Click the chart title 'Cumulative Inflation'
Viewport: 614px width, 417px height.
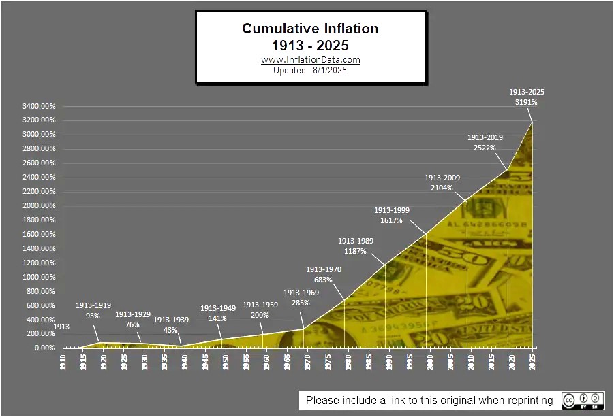tap(310, 29)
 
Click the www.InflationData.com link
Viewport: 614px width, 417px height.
tap(310, 59)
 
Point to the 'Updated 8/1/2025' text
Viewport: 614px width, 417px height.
tap(310, 70)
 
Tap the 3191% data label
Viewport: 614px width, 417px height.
tap(526, 103)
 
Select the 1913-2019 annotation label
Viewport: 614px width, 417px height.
tap(485, 137)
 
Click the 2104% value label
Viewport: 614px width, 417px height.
tap(442, 188)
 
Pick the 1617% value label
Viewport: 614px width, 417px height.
tap(391, 220)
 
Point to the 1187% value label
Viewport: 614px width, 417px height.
tap(355, 251)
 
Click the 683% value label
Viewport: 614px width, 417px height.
tap(324, 280)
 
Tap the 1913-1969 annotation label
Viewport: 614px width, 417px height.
tap(301, 293)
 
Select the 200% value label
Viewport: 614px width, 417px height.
tap(260, 316)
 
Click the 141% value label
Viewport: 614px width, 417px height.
tap(218, 319)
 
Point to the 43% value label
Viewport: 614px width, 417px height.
tap(170, 330)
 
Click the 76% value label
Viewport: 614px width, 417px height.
tap(132, 324)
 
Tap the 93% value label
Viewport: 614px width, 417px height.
tap(93, 316)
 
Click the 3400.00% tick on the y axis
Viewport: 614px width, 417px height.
tap(39, 106)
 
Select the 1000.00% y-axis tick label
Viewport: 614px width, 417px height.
tap(39, 277)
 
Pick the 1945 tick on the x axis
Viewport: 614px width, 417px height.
tap(206, 360)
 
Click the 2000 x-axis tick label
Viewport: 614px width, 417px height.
tap(431, 360)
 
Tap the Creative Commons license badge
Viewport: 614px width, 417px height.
tap(581, 400)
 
